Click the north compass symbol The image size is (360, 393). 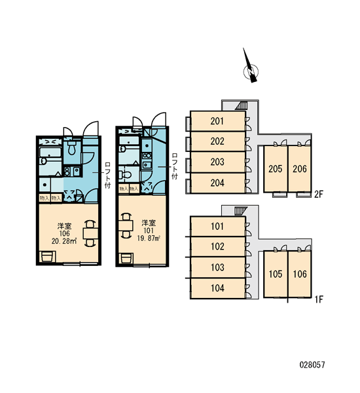tap(251, 71)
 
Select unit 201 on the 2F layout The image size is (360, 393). tap(217, 121)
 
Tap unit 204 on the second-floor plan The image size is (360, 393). tap(217, 183)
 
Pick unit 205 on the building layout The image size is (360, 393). tap(276, 169)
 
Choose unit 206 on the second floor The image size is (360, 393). tap(300, 169)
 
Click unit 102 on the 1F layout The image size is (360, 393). tap(217, 247)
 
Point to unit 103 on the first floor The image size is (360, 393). tap(217, 267)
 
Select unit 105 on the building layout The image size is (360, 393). tap(276, 274)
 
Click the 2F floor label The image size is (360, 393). tap(319, 195)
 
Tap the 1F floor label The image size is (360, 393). tap(319, 299)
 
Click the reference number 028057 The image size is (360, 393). tap(312, 365)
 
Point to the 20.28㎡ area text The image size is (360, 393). tap(64, 241)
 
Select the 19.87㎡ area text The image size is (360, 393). tap(149, 238)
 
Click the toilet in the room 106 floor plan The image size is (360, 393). tap(72, 148)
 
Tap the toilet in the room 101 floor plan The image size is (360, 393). tap(125, 174)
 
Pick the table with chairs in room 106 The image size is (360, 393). tap(90, 234)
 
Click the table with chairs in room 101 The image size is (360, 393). tap(126, 225)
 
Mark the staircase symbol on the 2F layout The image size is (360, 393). tap(242, 105)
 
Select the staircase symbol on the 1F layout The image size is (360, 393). tap(240, 210)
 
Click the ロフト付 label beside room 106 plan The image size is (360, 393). tap(108, 175)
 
